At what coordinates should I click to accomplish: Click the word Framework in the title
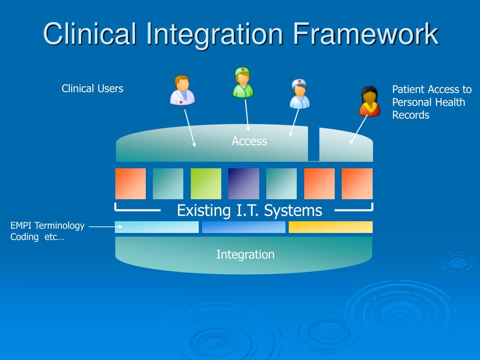point(366,34)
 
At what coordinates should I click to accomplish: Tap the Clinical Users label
point(92,89)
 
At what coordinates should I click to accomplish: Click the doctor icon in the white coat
point(182,90)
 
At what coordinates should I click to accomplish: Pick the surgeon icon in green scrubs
point(243,82)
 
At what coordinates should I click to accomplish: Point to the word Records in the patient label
point(411,115)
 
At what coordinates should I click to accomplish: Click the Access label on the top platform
point(249,141)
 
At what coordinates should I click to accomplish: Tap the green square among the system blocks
point(206,184)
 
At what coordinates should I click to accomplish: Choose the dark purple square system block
point(243,184)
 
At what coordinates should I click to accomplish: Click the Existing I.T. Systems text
point(249,210)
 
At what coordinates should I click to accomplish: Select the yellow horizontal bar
point(330,227)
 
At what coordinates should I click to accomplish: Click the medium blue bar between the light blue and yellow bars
point(243,227)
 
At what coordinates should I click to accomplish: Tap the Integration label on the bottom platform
point(245,255)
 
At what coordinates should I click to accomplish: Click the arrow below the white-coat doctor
point(190,128)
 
